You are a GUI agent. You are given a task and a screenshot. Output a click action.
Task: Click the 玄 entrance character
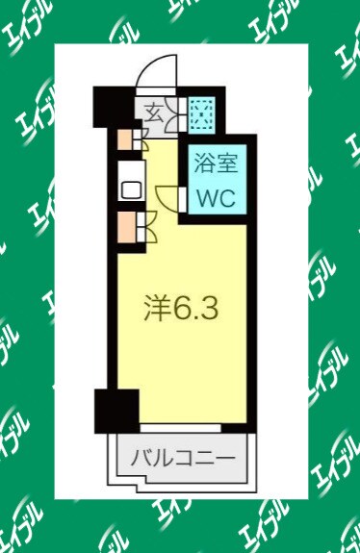(154, 113)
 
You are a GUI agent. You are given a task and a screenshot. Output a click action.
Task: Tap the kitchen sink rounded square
(129, 188)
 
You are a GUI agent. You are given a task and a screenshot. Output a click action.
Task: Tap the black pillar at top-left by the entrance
(108, 105)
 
